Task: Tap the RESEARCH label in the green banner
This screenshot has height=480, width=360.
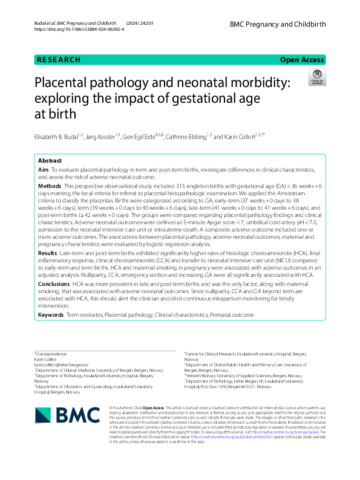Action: click(x=59, y=60)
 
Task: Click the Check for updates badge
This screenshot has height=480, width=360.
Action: click(x=316, y=77)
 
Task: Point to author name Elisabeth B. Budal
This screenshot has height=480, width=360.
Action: click(x=60, y=136)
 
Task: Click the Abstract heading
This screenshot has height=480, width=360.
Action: click(x=50, y=161)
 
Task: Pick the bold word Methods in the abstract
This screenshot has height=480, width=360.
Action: click(x=50, y=186)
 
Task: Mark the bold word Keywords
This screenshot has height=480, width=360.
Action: click(x=51, y=315)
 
